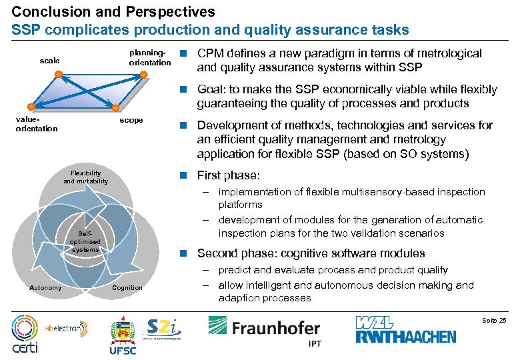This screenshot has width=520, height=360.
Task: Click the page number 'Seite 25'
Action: point(494,321)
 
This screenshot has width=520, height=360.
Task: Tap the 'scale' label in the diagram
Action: point(49,61)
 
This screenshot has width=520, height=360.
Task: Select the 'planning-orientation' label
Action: point(149,58)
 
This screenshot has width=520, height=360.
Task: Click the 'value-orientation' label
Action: point(36,125)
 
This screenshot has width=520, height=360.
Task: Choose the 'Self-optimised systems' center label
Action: point(85,242)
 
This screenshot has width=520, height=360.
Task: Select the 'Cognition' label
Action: point(127,287)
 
